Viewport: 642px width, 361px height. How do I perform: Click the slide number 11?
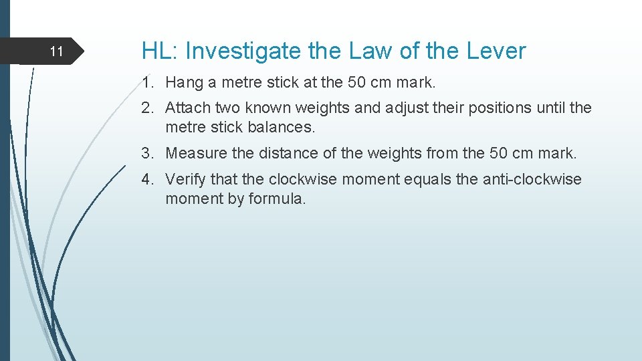(57, 51)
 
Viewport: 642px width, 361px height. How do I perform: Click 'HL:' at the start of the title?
(159, 51)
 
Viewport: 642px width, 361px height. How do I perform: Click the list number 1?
(146, 83)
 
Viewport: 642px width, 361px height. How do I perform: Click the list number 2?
(147, 108)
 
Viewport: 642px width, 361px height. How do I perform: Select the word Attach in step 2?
(186, 108)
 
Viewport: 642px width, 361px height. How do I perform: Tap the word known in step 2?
(267, 108)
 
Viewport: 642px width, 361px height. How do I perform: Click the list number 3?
(147, 153)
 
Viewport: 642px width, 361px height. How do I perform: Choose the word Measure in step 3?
(195, 153)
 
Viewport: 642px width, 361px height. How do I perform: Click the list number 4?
(147, 180)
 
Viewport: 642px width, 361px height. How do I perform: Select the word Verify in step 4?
(185, 180)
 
